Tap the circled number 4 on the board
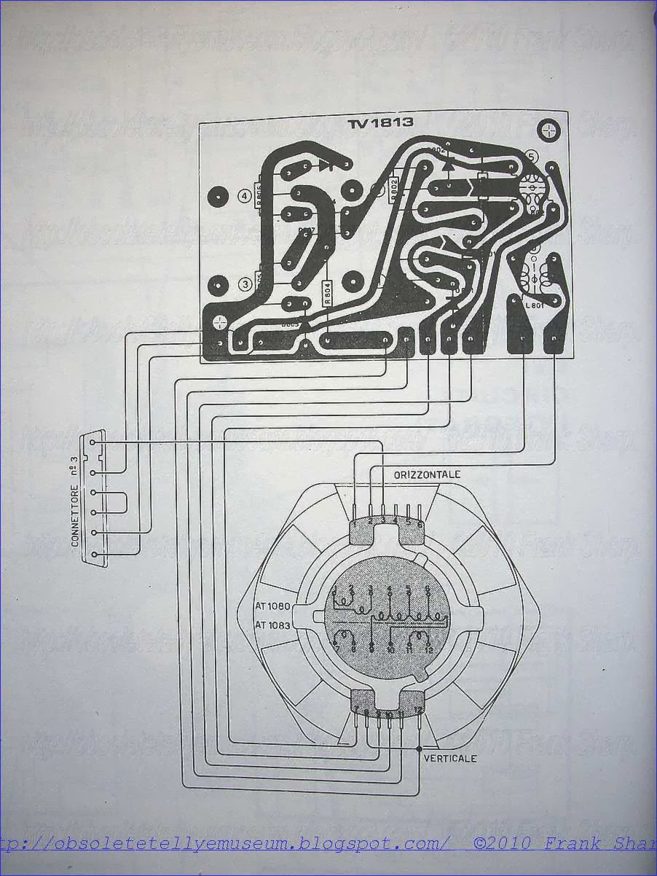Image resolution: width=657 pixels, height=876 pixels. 244,195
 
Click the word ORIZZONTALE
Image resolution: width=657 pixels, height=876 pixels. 427,474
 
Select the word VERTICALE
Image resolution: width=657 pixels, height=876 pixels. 449,758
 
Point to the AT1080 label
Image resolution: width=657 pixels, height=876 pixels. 273,606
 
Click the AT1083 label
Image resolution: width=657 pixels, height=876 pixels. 273,625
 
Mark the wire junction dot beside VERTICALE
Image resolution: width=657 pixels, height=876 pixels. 420,749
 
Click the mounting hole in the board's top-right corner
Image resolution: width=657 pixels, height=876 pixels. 548,130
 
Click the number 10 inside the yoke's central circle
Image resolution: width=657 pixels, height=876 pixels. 391,649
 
